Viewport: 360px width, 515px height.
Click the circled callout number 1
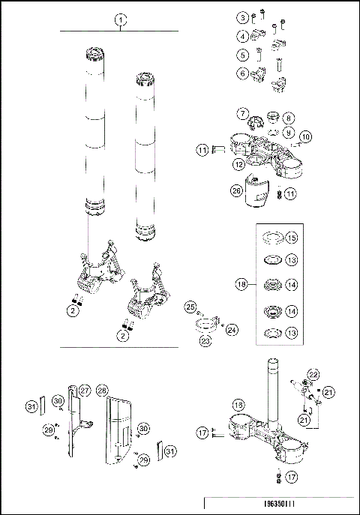(x=119, y=20)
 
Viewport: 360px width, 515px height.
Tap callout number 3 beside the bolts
(x=243, y=17)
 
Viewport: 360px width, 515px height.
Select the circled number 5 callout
(x=243, y=55)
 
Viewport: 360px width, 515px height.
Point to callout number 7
(x=244, y=114)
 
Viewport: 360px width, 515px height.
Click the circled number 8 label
(x=289, y=118)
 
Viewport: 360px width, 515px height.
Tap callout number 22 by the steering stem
(x=313, y=374)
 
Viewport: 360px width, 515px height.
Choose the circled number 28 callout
(x=103, y=391)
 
